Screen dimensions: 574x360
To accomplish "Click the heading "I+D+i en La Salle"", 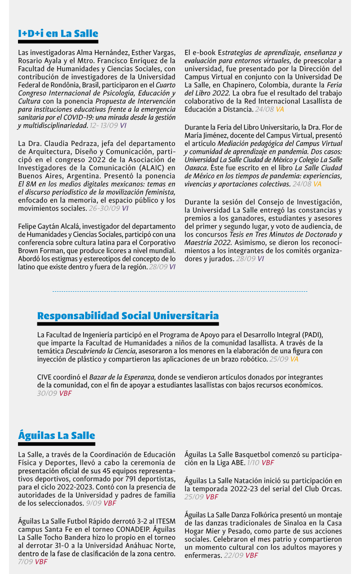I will [x=58, y=33].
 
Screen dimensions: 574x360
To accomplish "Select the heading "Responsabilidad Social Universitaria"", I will [x=128, y=316].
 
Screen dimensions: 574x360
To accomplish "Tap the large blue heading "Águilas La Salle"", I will [x=57, y=435].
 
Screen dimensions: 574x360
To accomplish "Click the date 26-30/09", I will [x=104, y=208].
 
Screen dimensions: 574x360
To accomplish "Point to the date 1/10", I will [x=253, y=462].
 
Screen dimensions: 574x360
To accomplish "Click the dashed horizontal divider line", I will [x=180, y=291].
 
